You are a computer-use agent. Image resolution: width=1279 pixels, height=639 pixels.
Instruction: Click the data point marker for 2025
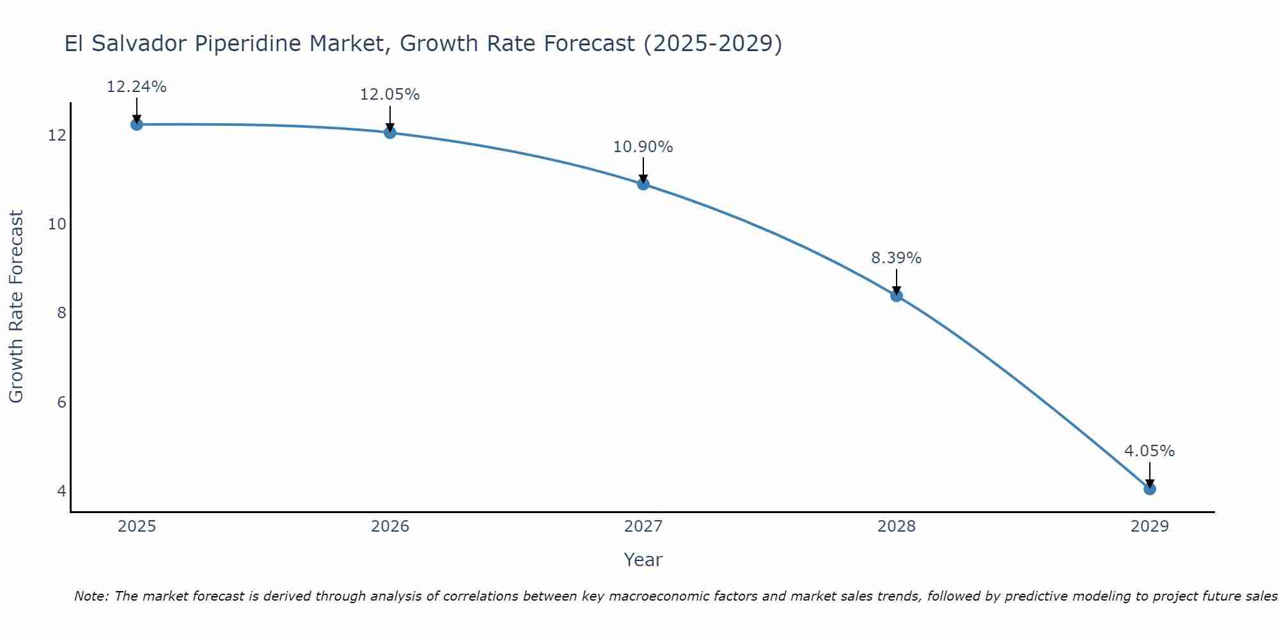(136, 124)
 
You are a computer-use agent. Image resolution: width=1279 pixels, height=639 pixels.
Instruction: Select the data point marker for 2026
(389, 132)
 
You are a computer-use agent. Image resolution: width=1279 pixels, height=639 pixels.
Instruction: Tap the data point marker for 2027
(643, 184)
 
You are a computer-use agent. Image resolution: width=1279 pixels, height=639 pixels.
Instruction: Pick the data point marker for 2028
(896, 295)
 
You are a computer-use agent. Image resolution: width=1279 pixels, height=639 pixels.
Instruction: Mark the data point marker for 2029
(1149, 489)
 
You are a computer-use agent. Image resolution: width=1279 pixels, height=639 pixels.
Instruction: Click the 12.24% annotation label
(136, 87)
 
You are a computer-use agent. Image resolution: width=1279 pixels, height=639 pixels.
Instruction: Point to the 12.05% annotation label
(389, 95)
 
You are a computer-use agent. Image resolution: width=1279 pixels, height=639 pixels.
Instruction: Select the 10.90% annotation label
(643, 147)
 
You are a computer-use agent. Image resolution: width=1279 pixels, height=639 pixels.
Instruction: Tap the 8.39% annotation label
(896, 258)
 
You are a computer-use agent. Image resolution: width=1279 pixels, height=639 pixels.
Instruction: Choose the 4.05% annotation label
(1149, 451)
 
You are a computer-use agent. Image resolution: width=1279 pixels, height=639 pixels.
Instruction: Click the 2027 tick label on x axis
(643, 527)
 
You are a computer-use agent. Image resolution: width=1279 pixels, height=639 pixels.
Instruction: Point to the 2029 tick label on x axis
(1149, 527)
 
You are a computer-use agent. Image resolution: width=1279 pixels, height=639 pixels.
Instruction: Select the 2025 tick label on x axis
(137, 527)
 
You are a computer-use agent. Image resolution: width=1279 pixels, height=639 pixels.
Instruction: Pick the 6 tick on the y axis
(61, 402)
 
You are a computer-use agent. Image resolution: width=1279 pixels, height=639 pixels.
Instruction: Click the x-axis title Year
(643, 560)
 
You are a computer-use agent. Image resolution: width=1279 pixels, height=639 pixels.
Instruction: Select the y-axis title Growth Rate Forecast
(16, 307)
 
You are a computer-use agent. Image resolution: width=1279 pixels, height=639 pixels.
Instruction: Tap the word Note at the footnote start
(91, 596)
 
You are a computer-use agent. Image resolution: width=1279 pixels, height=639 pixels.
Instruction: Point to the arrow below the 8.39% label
(896, 281)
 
